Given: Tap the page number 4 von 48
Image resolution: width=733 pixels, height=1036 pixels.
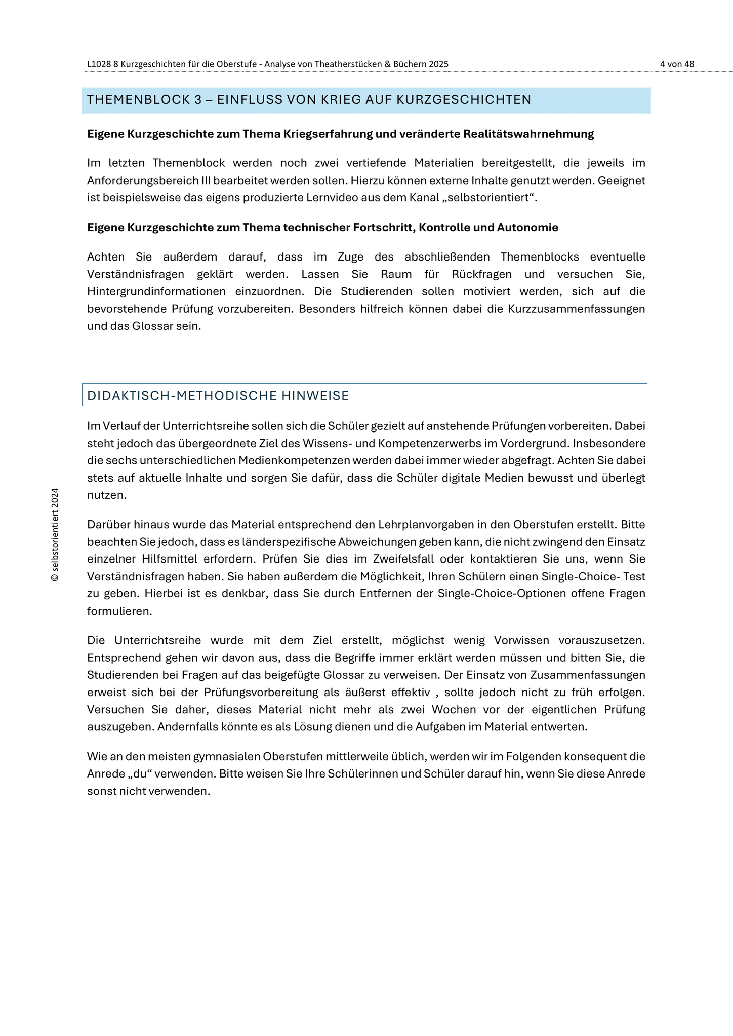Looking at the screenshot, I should (x=677, y=64).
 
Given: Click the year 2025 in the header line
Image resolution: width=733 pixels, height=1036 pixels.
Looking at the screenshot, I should (x=438, y=64).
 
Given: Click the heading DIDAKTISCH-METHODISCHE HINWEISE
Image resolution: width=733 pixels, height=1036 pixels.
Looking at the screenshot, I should (x=218, y=396).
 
